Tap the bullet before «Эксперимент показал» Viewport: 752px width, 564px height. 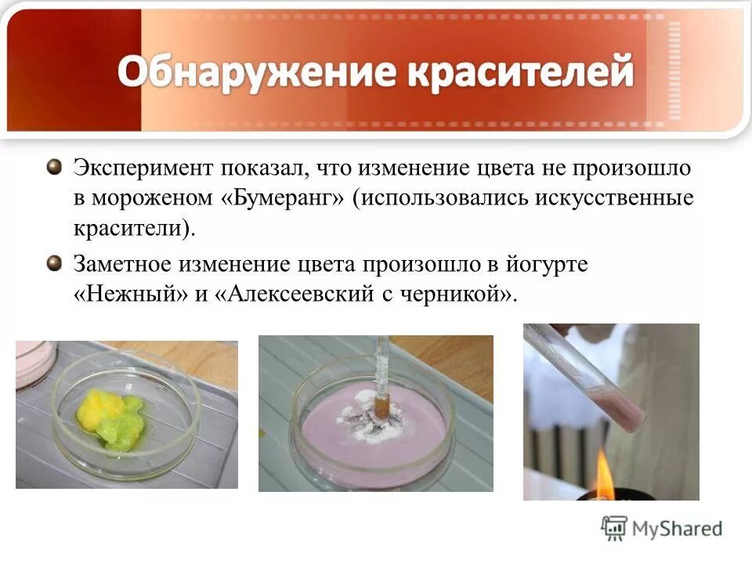[x=54, y=167]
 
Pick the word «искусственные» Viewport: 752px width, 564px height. [x=614, y=198]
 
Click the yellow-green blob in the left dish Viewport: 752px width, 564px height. [x=108, y=415]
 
